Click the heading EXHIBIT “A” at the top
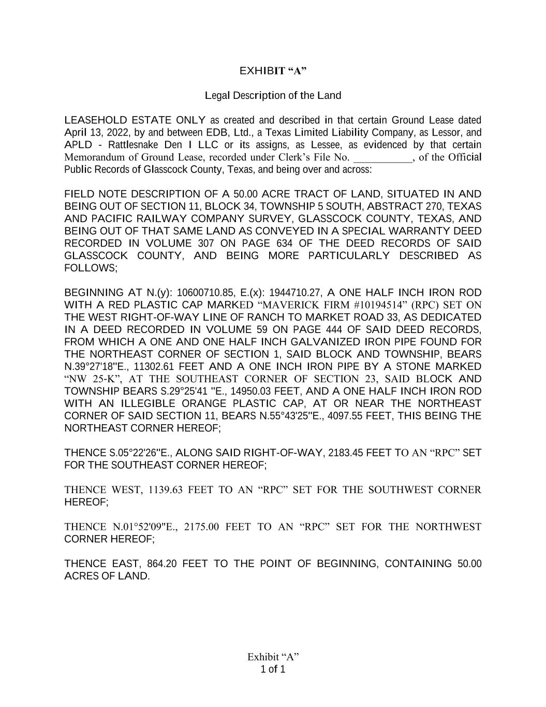point(273,70)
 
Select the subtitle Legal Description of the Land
point(273,95)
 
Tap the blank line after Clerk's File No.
point(382,157)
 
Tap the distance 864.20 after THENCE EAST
point(162,564)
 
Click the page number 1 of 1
point(273,669)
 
